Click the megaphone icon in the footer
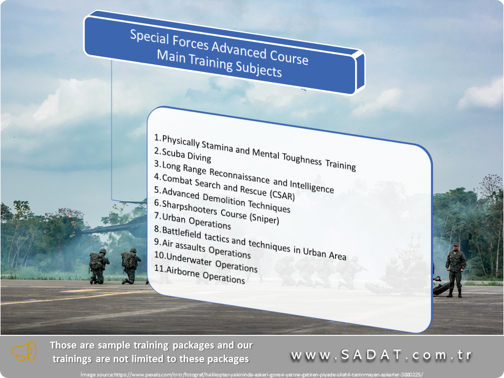coord(24,351)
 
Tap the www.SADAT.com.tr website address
coord(381,355)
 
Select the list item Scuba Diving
coord(183,155)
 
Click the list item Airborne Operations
coord(199,274)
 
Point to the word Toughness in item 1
coord(302,158)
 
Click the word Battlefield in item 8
coord(182,233)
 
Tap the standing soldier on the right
coord(456,270)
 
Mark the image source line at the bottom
coord(251,374)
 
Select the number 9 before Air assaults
coord(157,242)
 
